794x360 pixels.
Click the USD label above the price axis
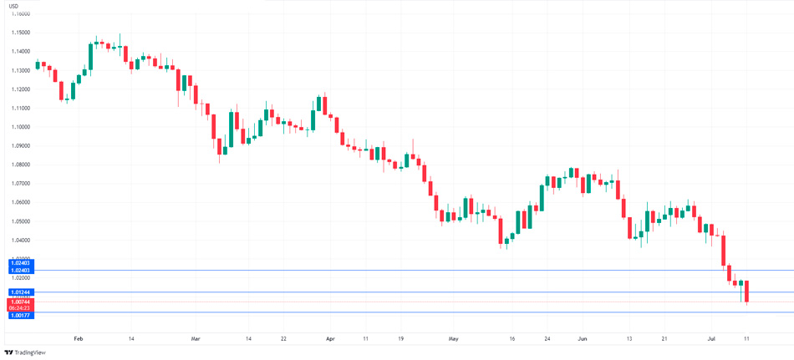coord(13,6)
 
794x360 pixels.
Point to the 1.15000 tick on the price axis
coord(20,33)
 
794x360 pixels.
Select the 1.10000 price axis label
coord(20,127)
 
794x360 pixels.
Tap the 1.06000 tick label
coord(20,202)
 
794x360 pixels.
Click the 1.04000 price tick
coord(20,240)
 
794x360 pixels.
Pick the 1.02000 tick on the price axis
coord(20,277)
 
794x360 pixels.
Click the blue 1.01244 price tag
coord(20,292)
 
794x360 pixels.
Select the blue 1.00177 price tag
coord(20,316)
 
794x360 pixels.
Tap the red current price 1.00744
coord(20,302)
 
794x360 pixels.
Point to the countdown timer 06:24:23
coord(20,308)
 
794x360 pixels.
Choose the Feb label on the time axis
coord(79,339)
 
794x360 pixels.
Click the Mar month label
coord(196,339)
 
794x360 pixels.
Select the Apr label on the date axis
coord(330,339)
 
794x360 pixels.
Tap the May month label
coord(454,339)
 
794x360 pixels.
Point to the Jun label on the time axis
coord(583,339)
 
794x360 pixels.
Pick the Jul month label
coord(711,339)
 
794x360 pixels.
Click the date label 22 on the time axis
coord(284,339)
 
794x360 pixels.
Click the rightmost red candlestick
coord(746,292)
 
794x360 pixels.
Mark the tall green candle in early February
coord(90,57)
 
